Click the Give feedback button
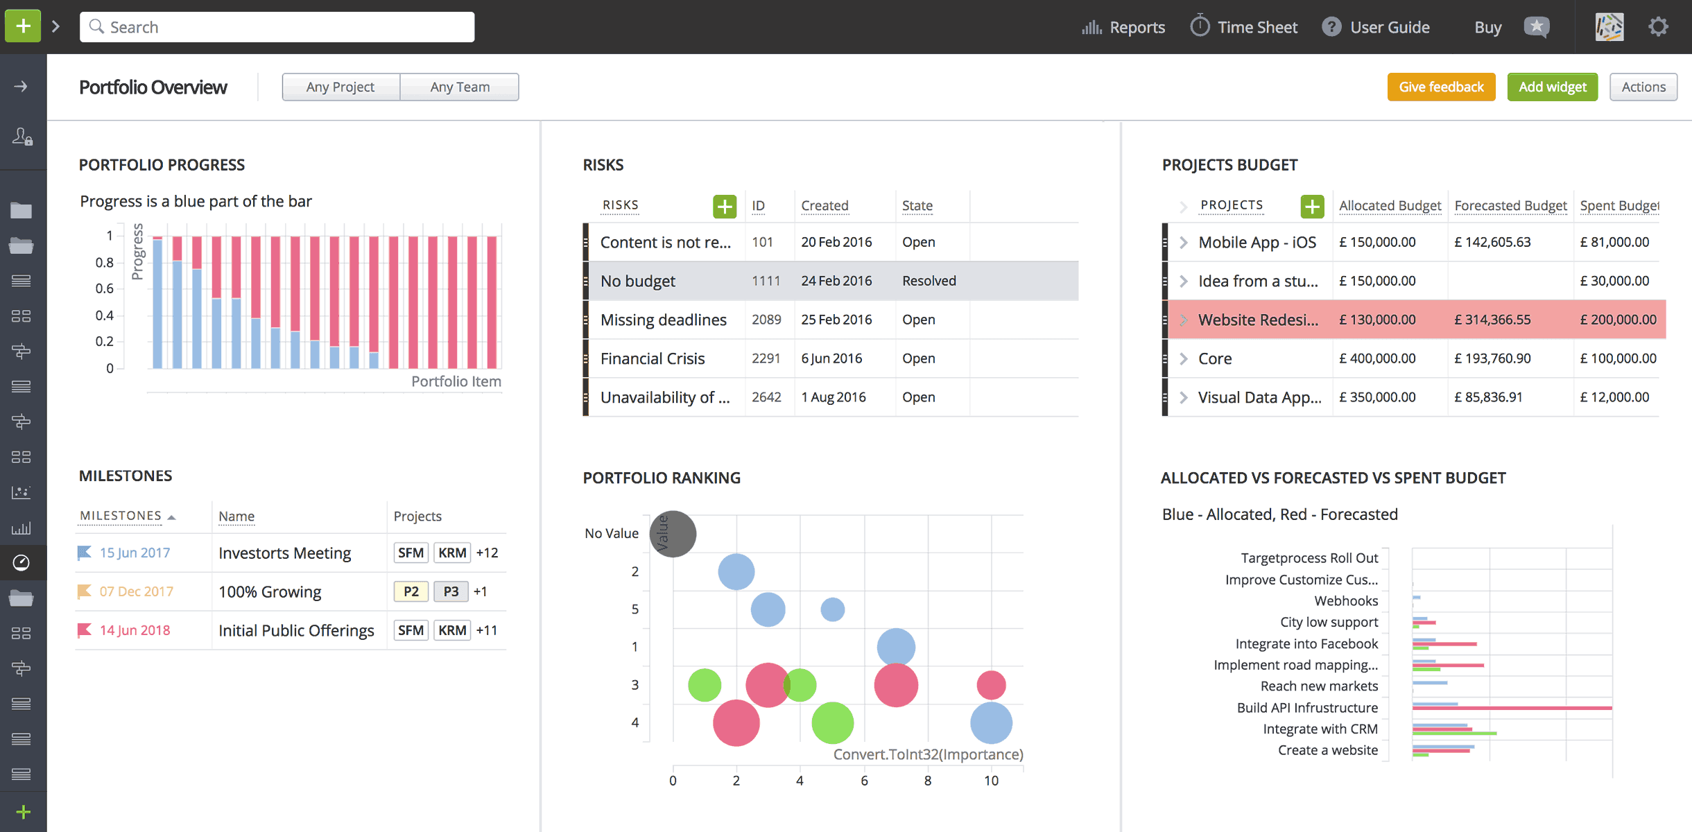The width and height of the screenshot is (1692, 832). (1441, 87)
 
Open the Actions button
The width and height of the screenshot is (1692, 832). (1643, 87)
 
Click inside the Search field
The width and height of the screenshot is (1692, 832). (277, 27)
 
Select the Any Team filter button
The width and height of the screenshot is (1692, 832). (459, 87)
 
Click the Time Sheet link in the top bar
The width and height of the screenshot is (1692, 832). (1244, 27)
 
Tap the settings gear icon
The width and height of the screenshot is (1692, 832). (1658, 27)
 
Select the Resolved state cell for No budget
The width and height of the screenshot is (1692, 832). (929, 281)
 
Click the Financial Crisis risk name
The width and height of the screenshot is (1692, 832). (652, 358)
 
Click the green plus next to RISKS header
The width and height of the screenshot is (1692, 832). (724, 206)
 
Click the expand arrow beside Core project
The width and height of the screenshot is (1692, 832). (1184, 358)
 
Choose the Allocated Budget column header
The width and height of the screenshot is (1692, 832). (1390, 206)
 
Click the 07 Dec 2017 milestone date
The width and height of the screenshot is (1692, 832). (136, 591)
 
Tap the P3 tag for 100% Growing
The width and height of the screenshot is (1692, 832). (451, 591)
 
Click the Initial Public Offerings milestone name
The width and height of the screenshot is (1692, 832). (296, 630)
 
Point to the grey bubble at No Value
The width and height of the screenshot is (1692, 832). (673, 534)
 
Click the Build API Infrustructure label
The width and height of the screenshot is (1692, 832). (1307, 707)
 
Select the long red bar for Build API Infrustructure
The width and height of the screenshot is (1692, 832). (1512, 708)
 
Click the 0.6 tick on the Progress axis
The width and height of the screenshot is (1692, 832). (105, 288)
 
